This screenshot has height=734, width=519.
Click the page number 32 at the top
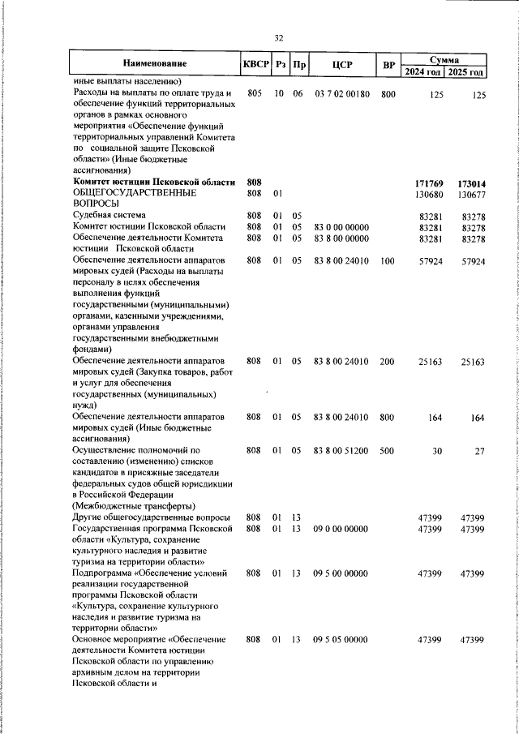click(278, 38)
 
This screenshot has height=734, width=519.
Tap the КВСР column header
click(255, 63)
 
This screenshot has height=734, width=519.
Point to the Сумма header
click(444, 59)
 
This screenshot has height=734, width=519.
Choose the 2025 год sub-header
click(467, 72)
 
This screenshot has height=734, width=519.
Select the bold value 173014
click(471, 184)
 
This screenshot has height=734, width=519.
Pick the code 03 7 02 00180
click(341, 94)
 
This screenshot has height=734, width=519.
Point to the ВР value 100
click(388, 261)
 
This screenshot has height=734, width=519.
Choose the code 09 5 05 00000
click(341, 640)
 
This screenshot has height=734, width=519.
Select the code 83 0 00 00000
click(341, 226)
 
